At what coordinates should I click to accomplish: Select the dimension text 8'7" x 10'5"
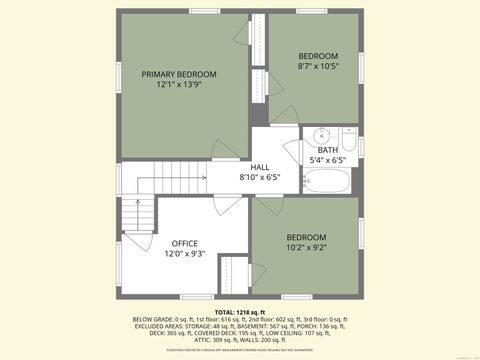(318, 67)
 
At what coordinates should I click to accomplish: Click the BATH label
(328, 150)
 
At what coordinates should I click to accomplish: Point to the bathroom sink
(321, 137)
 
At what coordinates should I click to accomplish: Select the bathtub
(327, 182)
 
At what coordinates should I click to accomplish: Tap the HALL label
(259, 166)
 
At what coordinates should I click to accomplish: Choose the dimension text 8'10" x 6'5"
(259, 177)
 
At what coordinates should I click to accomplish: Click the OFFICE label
(184, 243)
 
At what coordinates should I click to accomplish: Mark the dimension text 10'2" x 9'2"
(307, 247)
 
